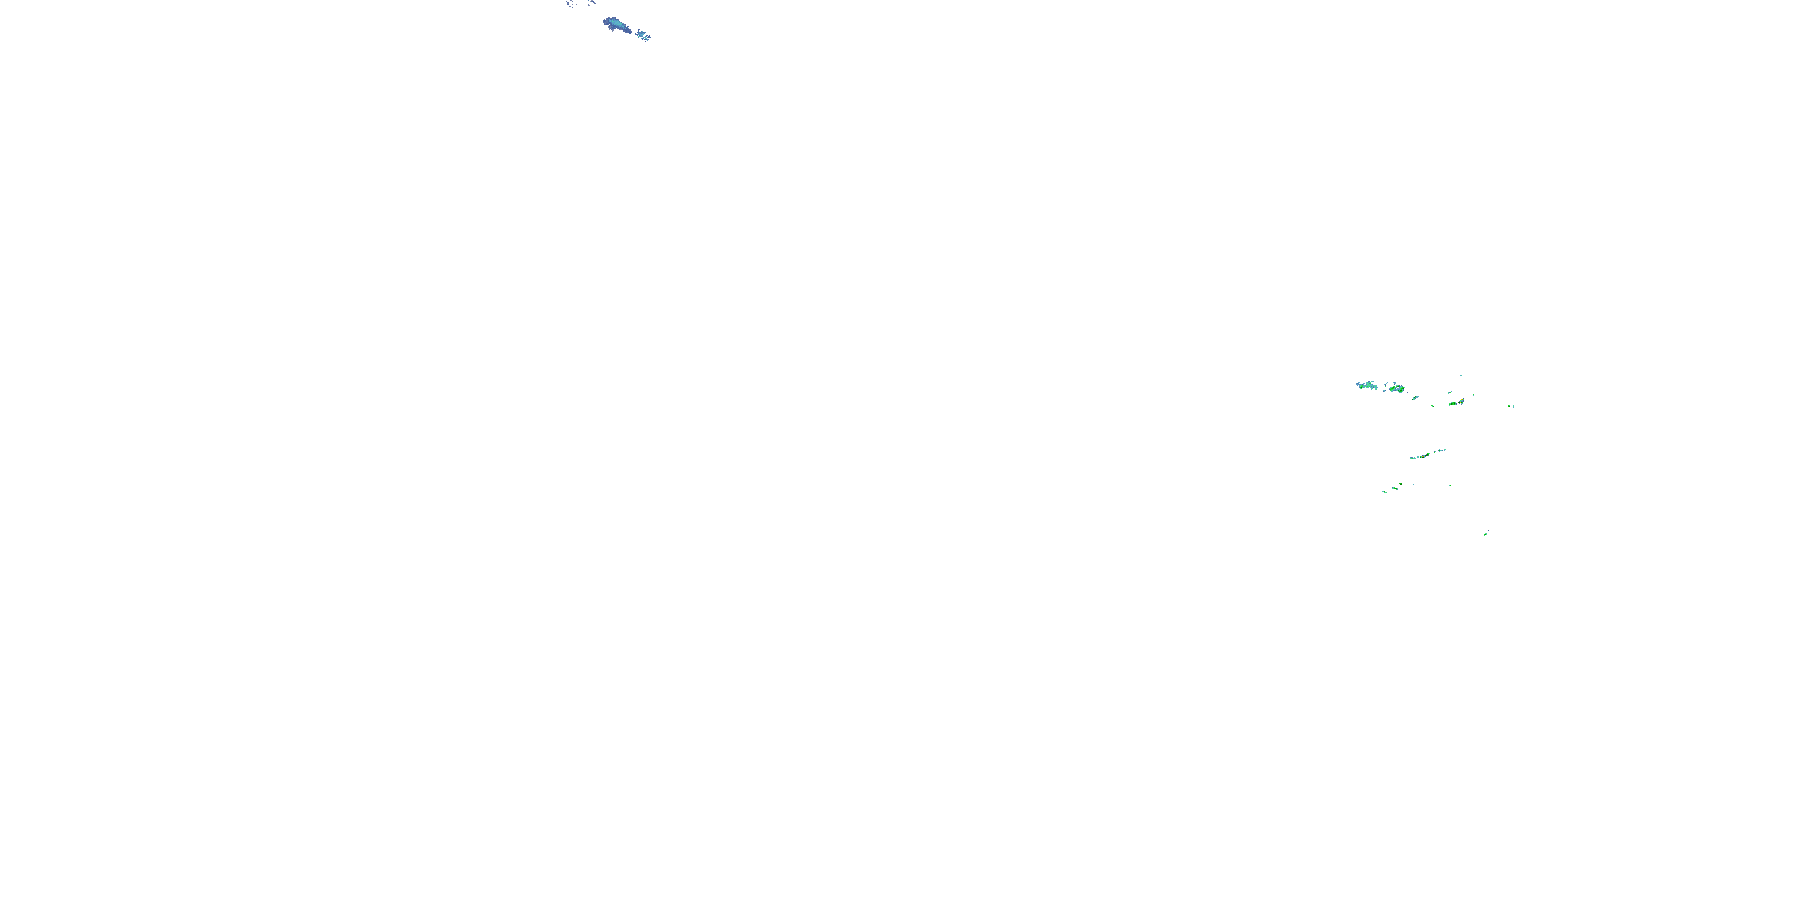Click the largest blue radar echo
coord(616,25)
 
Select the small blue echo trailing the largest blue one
coord(640,32)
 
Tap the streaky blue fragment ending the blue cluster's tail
coord(647,37)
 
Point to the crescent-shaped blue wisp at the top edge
coord(571,5)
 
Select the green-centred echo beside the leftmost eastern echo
coord(1396,388)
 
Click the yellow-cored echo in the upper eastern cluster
coord(1460,401)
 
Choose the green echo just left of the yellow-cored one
coord(1451,403)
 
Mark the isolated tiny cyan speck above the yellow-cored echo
coord(1461,376)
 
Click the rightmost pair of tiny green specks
coord(1512,405)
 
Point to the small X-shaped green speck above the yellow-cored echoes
coord(1473,394)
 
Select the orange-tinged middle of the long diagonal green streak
coord(1427,455)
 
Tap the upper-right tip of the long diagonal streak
coord(1443,450)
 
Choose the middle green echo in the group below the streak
coord(1396,488)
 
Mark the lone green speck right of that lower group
coord(1451,485)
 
